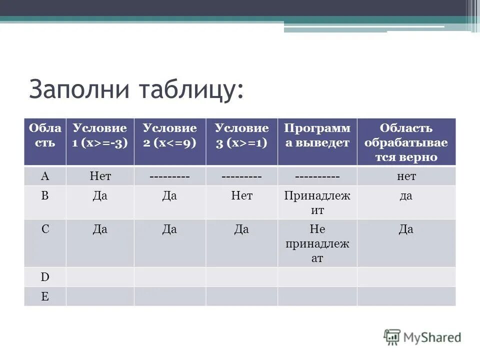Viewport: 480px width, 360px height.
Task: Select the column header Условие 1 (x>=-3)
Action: point(100,135)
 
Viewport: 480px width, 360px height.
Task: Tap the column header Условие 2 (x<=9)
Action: point(169,135)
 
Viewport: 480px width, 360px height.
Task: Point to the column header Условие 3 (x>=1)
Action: point(241,135)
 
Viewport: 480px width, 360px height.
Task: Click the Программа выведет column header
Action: point(317,135)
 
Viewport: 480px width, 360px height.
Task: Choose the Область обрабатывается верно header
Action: point(406,142)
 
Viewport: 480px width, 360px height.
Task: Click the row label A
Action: point(45,176)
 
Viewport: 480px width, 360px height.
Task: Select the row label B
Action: point(45,196)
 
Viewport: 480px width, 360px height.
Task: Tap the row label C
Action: point(45,229)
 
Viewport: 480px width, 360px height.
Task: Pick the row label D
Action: point(45,277)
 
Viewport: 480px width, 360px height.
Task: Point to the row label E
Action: point(45,296)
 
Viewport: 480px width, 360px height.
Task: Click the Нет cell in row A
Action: point(100,176)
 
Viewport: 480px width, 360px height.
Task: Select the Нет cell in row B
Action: point(241,196)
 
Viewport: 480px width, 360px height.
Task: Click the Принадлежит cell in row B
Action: point(317,202)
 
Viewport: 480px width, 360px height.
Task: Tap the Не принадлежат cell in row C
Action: point(317,243)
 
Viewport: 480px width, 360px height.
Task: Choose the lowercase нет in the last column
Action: point(406,176)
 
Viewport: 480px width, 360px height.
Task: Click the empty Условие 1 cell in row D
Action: point(100,277)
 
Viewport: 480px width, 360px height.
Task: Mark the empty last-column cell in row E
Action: point(406,296)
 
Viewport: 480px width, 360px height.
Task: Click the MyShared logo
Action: point(422,337)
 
